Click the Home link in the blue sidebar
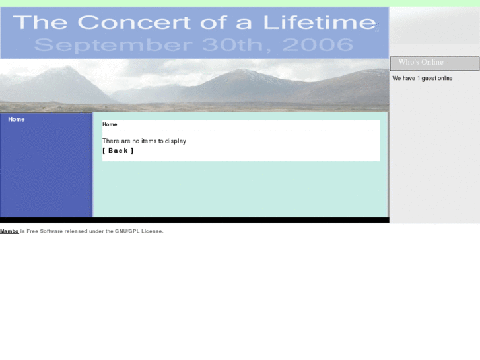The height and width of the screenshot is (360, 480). (17, 120)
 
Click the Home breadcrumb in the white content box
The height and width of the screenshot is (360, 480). (110, 124)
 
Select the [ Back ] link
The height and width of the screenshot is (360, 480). (118, 151)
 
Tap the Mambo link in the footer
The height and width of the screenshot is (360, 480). (9, 231)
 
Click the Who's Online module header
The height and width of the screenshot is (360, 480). (434, 63)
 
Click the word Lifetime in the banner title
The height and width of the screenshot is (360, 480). (320, 22)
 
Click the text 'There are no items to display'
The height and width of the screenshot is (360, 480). (144, 141)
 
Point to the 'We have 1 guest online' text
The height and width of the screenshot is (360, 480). (423, 78)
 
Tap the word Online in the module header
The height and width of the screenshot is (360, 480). (432, 62)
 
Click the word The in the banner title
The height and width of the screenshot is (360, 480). (40, 22)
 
